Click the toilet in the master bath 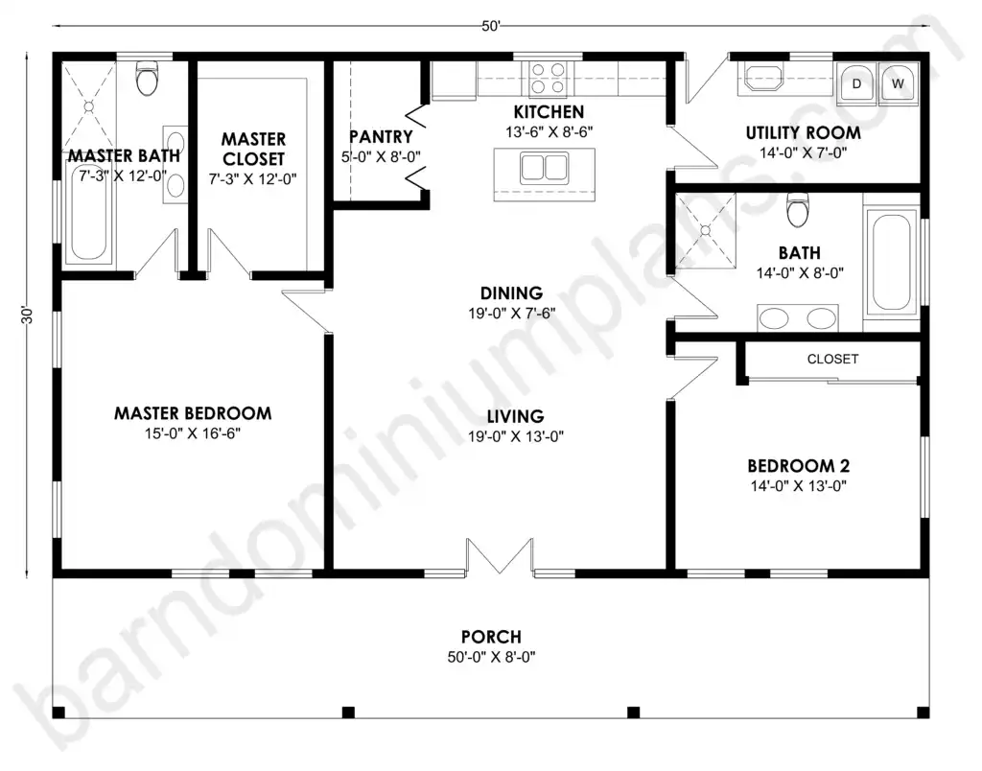tap(147, 79)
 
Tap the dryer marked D tap(856, 82)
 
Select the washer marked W tap(898, 82)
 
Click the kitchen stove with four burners tap(548, 79)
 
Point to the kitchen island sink tap(545, 169)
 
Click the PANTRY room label tap(381, 136)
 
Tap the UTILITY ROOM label tap(803, 132)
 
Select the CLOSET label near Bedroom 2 tap(832, 359)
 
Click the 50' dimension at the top tap(491, 26)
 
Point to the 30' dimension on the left tap(26, 315)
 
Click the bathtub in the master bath tap(88, 211)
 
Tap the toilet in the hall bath tap(798, 210)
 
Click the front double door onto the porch tap(499, 556)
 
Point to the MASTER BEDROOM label tap(193, 413)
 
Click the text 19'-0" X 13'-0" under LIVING tap(515, 436)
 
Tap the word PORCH tap(491, 637)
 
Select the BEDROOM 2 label tap(799, 466)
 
